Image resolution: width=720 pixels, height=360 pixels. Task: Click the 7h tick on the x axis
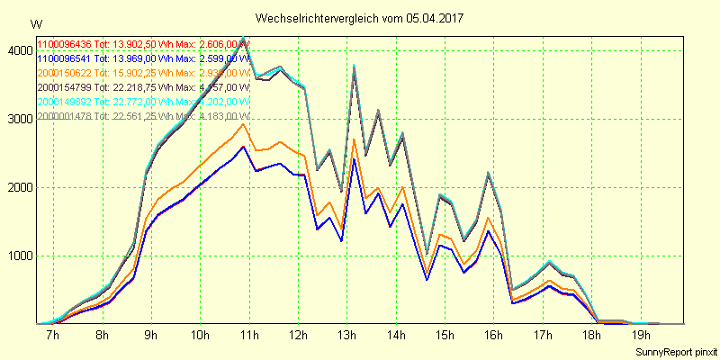click(x=52, y=336)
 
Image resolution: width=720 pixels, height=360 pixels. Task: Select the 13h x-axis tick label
click(x=346, y=336)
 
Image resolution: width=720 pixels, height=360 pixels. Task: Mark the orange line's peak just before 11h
click(x=243, y=124)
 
